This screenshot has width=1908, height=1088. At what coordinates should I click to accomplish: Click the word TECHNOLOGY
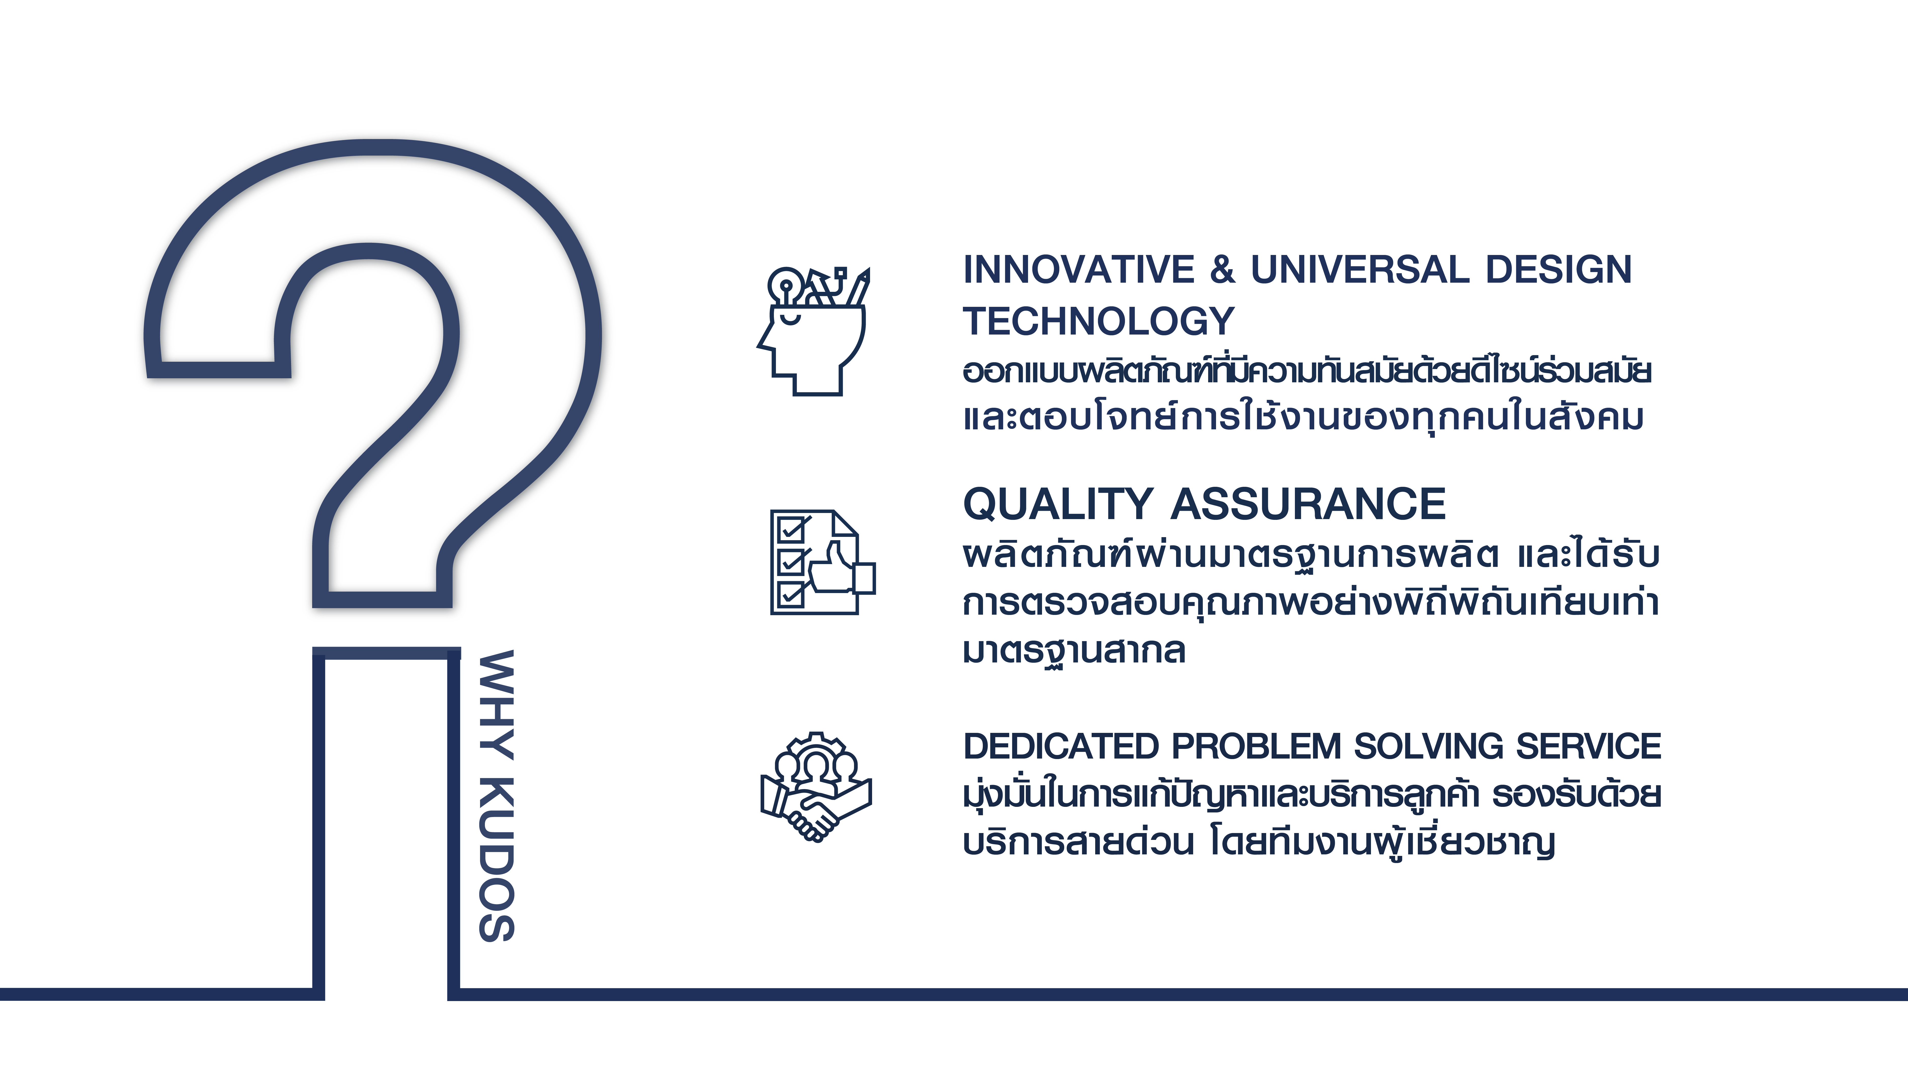tap(1098, 321)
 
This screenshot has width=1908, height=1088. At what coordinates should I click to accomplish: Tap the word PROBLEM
tap(1256, 747)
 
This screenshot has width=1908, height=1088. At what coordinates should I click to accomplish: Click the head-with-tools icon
tap(813, 331)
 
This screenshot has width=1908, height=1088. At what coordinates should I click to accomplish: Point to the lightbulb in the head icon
tap(785, 285)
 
